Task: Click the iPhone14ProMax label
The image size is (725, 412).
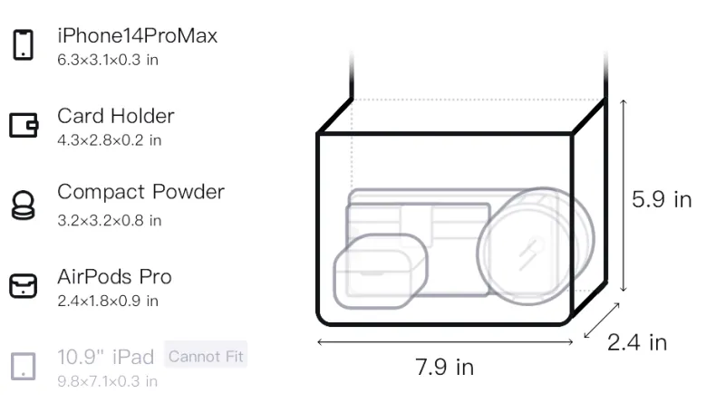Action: (x=138, y=35)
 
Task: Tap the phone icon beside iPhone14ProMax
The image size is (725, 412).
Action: (x=24, y=44)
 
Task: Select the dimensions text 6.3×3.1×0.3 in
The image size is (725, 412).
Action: (x=108, y=60)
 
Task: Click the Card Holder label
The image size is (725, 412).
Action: (x=116, y=116)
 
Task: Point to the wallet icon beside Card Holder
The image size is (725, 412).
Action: (x=24, y=125)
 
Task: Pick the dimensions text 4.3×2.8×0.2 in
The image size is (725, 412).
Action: (x=109, y=140)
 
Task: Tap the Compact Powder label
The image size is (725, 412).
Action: (x=140, y=192)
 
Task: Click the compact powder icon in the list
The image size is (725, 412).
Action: (x=23, y=205)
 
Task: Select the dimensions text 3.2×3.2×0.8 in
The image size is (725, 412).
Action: (x=109, y=220)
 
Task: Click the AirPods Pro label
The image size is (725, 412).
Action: (x=114, y=277)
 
